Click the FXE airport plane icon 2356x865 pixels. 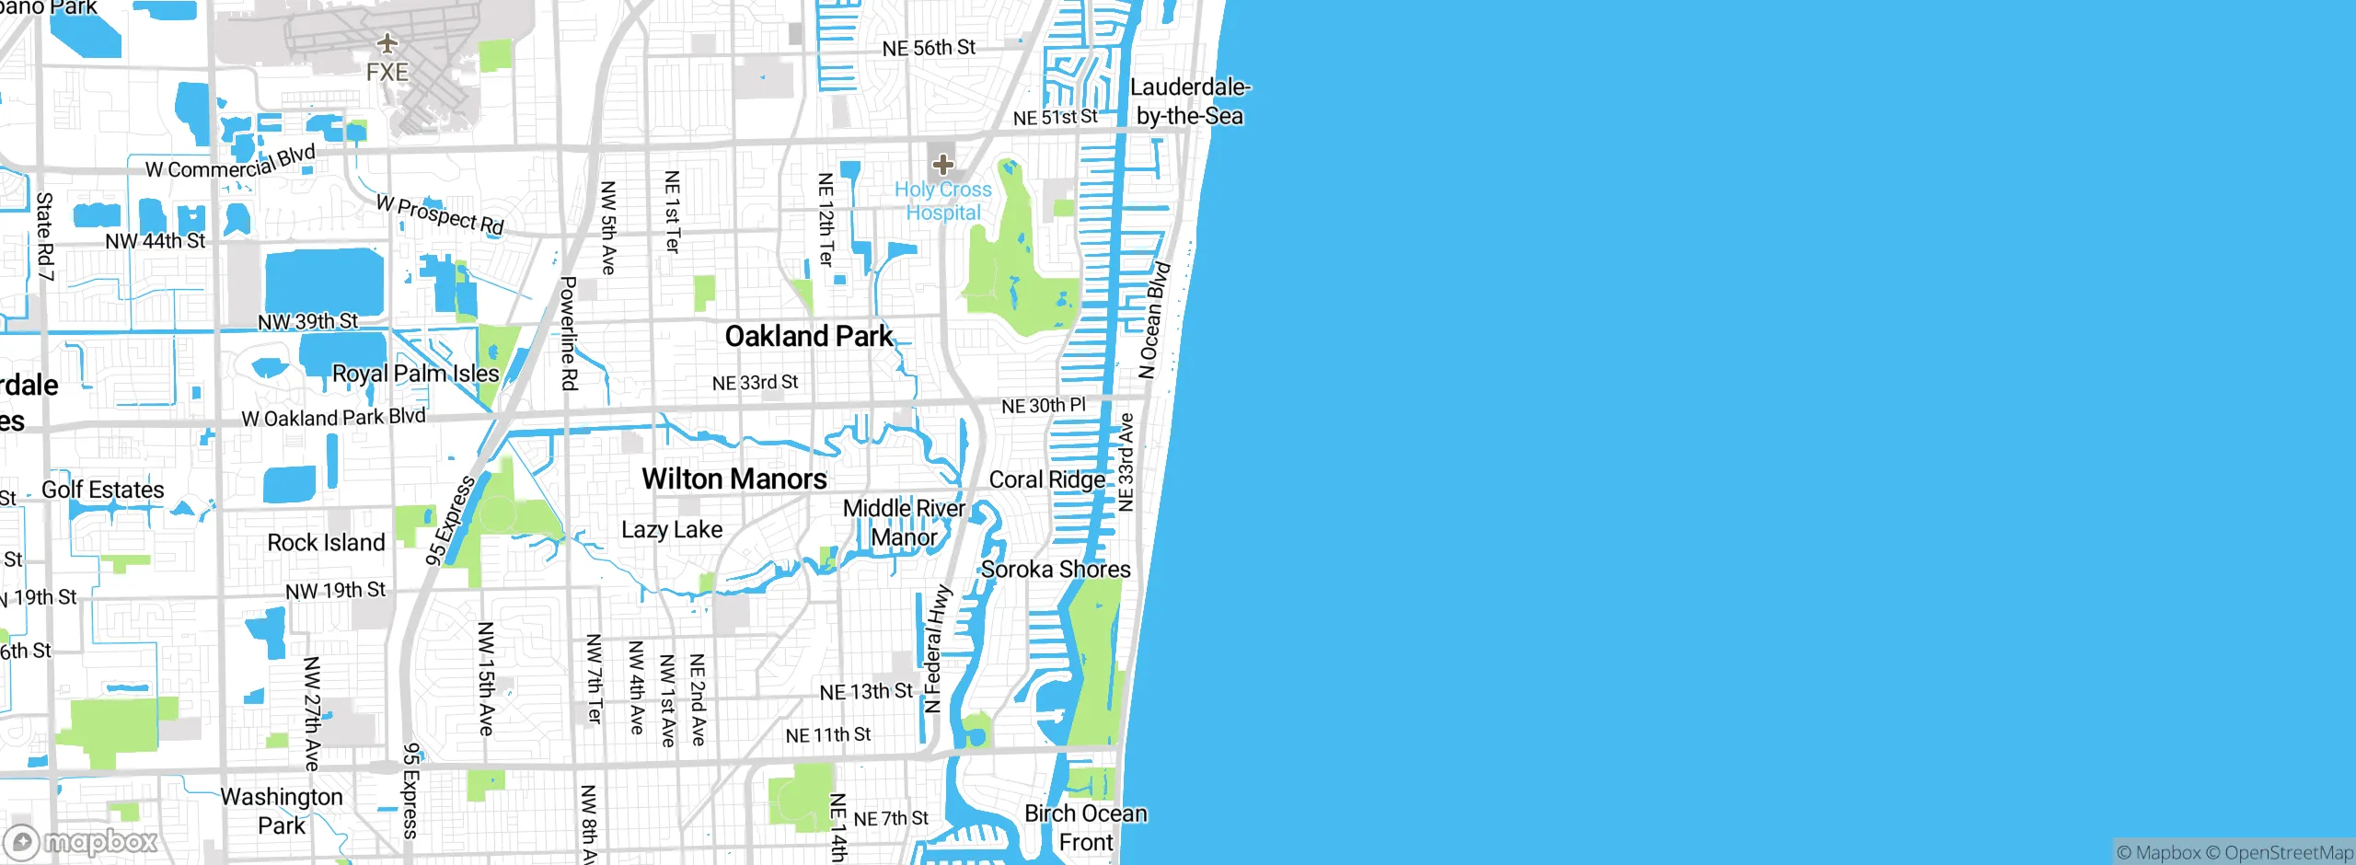pos(387,43)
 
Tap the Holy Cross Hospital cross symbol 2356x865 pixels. pos(942,165)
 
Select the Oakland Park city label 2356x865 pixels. pos(808,337)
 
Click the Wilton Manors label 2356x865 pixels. pos(733,479)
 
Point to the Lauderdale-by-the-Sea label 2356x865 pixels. pos(1189,102)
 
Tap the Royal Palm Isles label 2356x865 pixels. pos(415,374)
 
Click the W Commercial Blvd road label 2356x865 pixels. pos(230,163)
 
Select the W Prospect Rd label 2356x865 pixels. pos(440,214)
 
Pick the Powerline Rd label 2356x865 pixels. pos(569,333)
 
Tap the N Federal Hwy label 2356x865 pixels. pos(935,649)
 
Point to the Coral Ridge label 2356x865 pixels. pos(1046,479)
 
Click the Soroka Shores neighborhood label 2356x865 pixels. pos(1056,570)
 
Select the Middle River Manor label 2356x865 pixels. pos(904,523)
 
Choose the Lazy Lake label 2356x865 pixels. pos(672,530)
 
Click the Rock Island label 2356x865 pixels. pos(326,543)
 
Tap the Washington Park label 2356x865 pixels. pos(282,811)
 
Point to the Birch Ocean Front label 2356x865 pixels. pos(1086,828)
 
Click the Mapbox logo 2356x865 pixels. pos(81,841)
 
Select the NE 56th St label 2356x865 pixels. pos(929,48)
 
